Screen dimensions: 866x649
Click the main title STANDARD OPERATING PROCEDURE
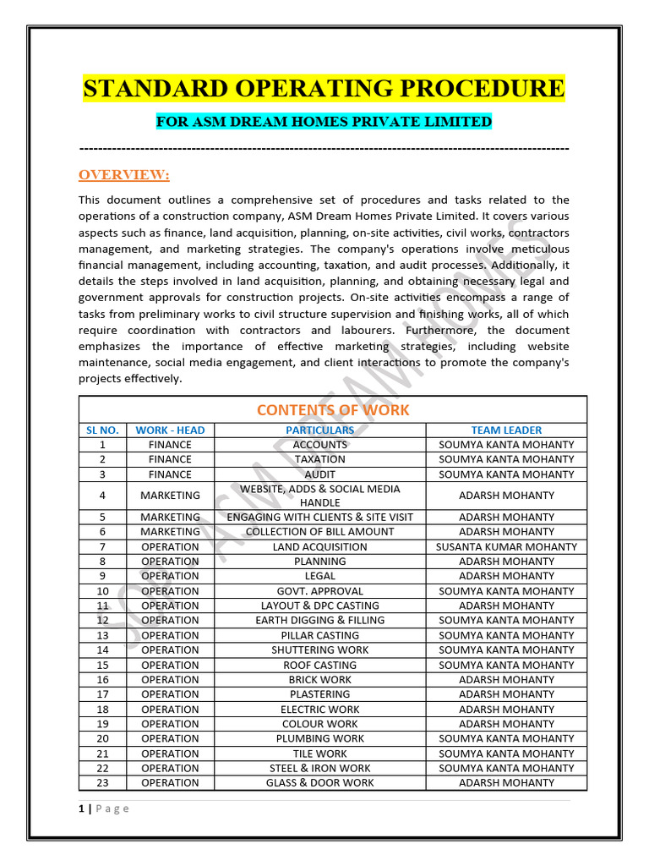click(x=324, y=89)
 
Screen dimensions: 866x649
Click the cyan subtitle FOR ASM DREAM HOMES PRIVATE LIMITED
click(x=324, y=122)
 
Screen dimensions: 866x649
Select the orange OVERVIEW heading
click(x=123, y=175)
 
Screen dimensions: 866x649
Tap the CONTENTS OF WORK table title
click(x=332, y=410)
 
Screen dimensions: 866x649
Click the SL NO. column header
click(x=102, y=430)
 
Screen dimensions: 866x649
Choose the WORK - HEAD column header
click(x=170, y=430)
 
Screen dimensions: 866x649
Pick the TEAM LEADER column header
click(x=506, y=430)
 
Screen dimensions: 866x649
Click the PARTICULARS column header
click(x=319, y=430)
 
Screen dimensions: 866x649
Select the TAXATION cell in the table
click(x=319, y=459)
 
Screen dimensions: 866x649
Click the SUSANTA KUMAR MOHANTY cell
click(x=506, y=546)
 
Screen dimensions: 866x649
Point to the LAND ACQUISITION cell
click(x=319, y=546)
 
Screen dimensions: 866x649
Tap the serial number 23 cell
click(x=102, y=782)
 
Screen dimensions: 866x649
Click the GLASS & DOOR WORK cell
click(x=319, y=782)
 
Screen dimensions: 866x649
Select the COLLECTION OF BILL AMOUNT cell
click(x=319, y=532)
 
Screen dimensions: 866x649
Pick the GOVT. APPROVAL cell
click(x=319, y=591)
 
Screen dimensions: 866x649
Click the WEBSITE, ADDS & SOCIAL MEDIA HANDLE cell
click(x=319, y=496)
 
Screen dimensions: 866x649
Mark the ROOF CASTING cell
click(x=319, y=665)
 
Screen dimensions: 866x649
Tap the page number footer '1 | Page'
click(x=104, y=808)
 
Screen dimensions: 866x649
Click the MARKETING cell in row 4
click(x=170, y=496)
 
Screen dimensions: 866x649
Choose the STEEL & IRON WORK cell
click(x=319, y=768)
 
